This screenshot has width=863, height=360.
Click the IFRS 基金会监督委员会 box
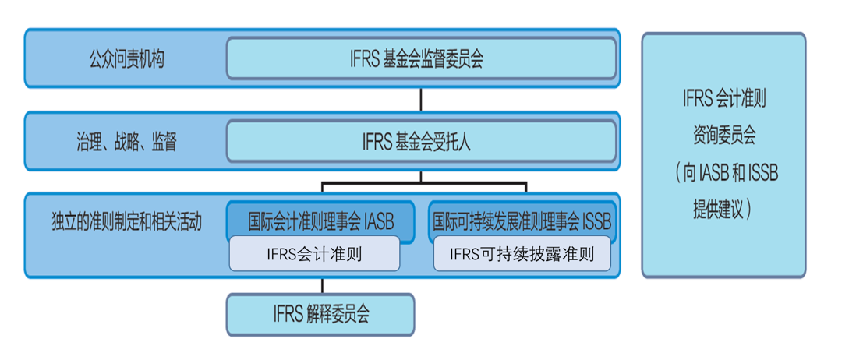421,59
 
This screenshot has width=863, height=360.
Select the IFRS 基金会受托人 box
421,142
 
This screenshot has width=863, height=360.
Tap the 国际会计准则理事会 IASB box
320,221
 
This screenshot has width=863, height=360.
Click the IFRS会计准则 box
313,254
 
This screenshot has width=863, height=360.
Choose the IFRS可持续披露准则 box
522,254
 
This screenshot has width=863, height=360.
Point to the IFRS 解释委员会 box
320,315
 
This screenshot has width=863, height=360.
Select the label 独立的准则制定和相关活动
126,222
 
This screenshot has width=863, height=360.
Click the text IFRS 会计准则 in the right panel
723,100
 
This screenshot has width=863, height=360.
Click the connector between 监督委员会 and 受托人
421,99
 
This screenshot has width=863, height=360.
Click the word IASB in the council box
378,222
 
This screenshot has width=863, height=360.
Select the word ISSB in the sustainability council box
596,222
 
